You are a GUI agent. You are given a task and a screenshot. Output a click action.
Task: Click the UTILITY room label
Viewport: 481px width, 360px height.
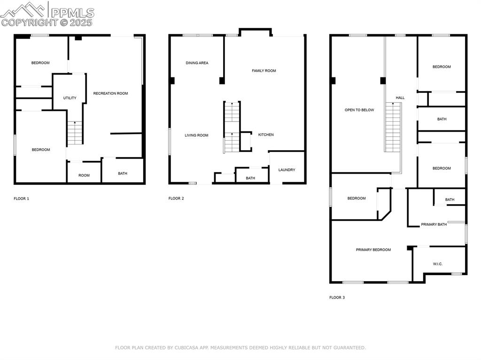click(70, 98)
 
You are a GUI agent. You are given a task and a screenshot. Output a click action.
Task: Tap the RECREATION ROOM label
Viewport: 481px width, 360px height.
click(110, 93)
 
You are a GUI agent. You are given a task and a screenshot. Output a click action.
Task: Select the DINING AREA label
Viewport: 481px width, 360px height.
click(197, 63)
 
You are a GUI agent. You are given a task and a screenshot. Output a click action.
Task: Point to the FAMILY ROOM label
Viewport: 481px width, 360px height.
click(264, 71)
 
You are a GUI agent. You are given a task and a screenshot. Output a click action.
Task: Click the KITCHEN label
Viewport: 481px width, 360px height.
click(265, 135)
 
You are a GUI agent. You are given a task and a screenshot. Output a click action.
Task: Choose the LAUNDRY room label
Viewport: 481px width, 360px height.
click(287, 170)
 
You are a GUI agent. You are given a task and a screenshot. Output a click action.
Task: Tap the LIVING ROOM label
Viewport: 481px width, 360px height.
click(196, 136)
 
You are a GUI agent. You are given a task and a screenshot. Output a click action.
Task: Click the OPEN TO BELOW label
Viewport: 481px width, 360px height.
click(359, 110)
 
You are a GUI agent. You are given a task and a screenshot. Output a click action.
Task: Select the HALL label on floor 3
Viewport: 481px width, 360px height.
click(400, 98)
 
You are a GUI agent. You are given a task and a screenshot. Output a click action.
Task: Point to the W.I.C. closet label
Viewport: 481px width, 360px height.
click(437, 264)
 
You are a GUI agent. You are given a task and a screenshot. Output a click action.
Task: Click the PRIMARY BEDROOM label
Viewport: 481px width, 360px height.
click(373, 250)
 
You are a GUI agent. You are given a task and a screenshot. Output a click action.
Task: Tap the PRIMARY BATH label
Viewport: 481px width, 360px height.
click(434, 225)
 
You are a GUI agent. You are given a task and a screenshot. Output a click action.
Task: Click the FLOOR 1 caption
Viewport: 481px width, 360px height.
click(21, 199)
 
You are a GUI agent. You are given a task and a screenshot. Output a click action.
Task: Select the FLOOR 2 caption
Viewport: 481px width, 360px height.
click(176, 199)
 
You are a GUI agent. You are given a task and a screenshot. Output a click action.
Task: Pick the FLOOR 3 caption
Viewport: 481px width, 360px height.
click(337, 298)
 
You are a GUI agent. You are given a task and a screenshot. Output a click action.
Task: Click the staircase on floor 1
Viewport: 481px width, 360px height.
click(75, 132)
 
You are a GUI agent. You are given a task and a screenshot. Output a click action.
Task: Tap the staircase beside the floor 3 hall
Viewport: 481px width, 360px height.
click(393, 128)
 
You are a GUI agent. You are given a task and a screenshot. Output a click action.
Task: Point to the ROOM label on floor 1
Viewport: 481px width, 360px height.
click(84, 176)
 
